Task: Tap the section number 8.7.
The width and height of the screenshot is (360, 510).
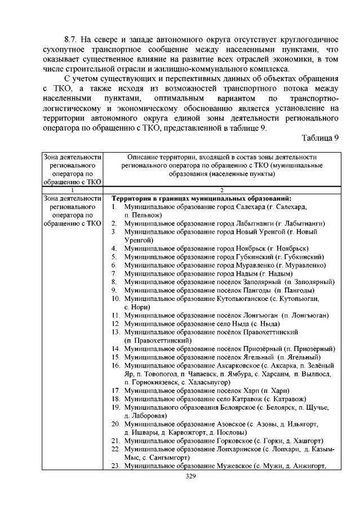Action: (x=72, y=40)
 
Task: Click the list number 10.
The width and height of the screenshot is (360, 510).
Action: (x=116, y=298)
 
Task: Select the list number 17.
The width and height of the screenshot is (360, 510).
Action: (x=116, y=391)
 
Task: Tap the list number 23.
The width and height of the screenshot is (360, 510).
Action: (x=116, y=465)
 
